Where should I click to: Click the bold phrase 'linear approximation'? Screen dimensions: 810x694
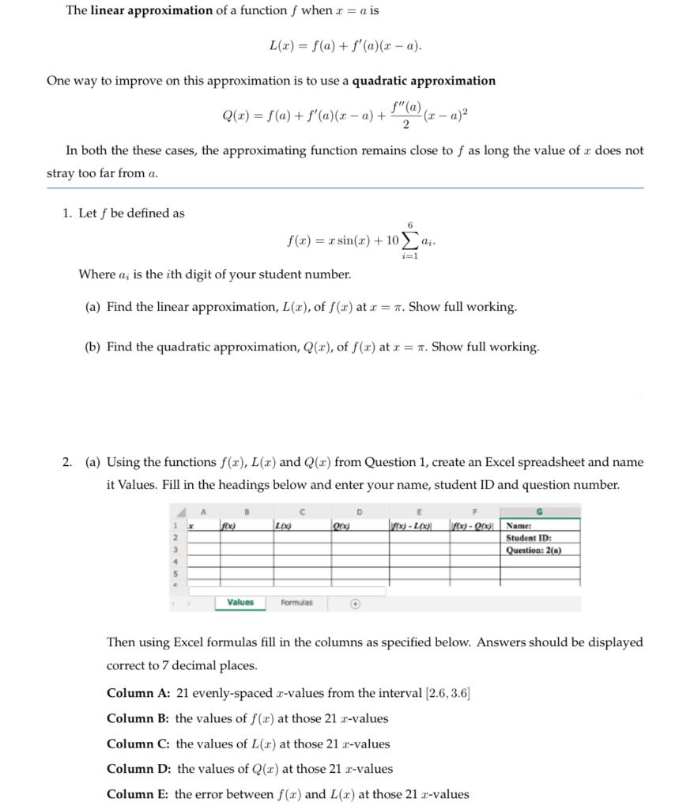[151, 11]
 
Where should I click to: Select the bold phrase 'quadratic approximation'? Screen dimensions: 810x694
[424, 81]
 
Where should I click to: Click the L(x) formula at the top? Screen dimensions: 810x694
[345, 46]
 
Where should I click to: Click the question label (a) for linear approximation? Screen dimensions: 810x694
[93, 307]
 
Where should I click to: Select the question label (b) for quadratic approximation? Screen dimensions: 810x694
[93, 347]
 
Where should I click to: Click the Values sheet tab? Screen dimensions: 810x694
[240, 603]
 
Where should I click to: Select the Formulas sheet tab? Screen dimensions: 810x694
[296, 603]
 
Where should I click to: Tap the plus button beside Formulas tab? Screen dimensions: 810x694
[356, 604]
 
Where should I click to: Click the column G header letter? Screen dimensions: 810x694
[540, 512]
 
